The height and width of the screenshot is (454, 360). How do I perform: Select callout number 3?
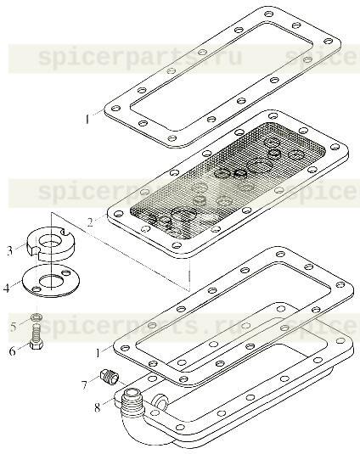pos(10,250)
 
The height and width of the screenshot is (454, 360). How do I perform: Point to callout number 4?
pos(7,288)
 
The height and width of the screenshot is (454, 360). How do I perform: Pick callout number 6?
pos(13,349)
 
